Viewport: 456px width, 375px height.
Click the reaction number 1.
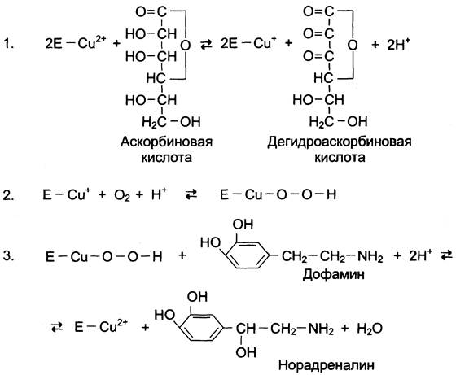[x=8, y=44]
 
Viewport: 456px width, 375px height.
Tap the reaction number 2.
[x=8, y=195]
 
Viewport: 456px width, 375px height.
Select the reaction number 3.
[x=8, y=256]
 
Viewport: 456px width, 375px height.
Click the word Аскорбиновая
[x=166, y=142]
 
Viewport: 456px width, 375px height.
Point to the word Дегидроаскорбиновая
[x=340, y=142]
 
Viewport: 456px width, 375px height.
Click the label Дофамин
[x=333, y=274]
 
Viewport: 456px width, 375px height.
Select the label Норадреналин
[x=327, y=365]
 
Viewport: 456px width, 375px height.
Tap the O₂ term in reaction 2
[x=122, y=195]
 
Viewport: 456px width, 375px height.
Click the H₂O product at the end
[x=370, y=329]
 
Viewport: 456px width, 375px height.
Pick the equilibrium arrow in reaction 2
[x=191, y=194]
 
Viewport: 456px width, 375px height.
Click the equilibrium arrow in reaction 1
[x=206, y=45]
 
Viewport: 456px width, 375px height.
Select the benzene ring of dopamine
[x=248, y=255]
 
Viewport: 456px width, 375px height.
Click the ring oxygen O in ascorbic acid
[x=186, y=45]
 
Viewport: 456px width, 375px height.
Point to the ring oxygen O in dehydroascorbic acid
[x=353, y=45]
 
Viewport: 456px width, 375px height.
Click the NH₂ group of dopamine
[x=370, y=257]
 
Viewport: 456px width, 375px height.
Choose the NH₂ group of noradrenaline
[x=321, y=329]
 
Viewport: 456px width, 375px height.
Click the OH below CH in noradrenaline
[x=246, y=352]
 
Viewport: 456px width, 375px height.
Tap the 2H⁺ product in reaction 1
[x=398, y=45]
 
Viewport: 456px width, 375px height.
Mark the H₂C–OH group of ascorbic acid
[x=171, y=122]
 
